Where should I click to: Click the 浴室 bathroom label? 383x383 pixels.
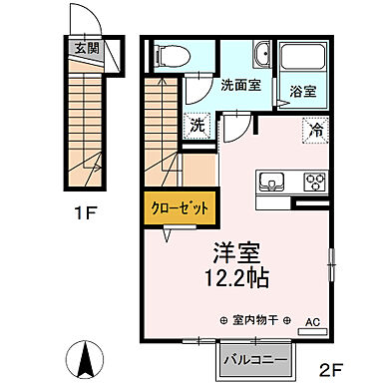pyautogui.click(x=303, y=91)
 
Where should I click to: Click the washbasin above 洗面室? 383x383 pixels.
pyautogui.click(x=263, y=56)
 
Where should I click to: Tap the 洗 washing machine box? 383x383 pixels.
pyautogui.click(x=197, y=127)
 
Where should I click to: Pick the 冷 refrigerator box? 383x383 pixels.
pyautogui.click(x=315, y=129)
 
